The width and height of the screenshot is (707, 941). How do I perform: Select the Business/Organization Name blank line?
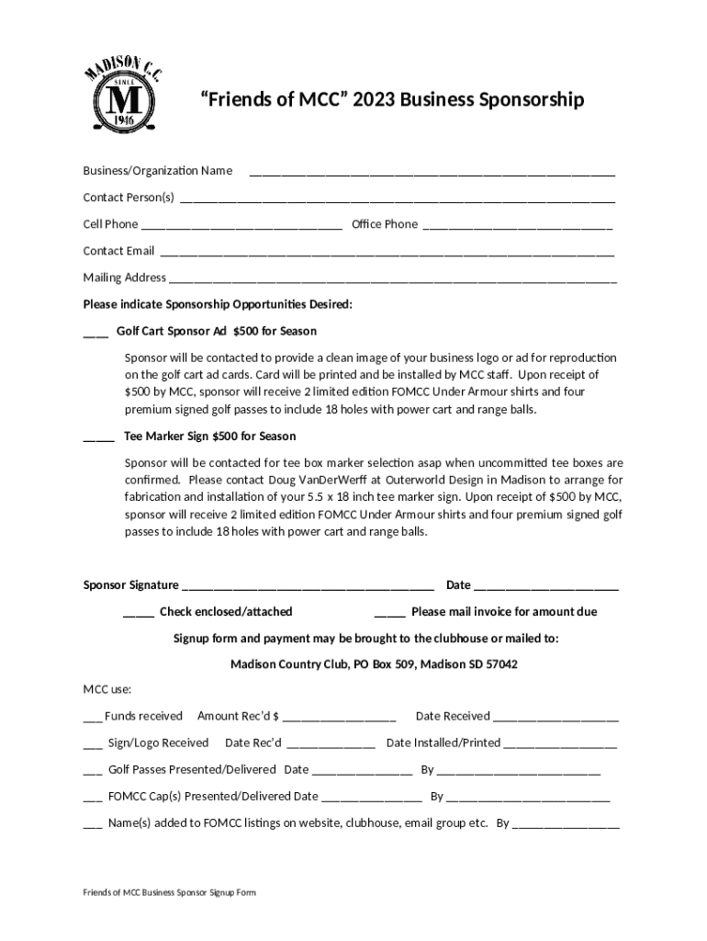(x=432, y=172)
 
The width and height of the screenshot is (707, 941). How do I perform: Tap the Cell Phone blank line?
(x=241, y=225)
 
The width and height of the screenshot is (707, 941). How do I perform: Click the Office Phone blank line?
(x=517, y=225)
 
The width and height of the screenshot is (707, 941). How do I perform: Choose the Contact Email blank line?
(x=387, y=252)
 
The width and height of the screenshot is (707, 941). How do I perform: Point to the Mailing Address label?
(x=124, y=278)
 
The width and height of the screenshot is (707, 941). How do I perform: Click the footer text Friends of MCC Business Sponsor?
(x=170, y=892)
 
